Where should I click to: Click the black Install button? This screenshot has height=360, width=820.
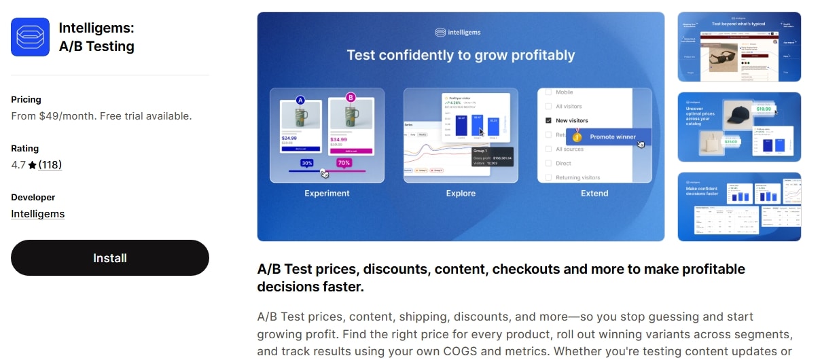click(110, 258)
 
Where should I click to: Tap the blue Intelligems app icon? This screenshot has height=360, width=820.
click(30, 37)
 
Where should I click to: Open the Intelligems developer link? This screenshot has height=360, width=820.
click(38, 214)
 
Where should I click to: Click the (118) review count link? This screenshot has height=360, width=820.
click(50, 165)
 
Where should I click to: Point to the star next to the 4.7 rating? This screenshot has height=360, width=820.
click(32, 165)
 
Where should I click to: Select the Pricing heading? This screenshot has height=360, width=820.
click(26, 100)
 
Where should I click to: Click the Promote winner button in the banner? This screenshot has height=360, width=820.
click(612, 137)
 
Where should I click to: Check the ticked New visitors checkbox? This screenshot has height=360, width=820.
click(549, 120)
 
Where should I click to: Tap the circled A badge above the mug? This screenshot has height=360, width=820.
click(300, 101)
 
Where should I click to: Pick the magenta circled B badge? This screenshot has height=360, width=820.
click(351, 98)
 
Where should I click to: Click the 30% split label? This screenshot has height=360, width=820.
click(307, 163)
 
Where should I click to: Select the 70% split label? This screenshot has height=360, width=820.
click(344, 163)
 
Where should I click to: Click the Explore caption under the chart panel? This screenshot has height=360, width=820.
click(461, 194)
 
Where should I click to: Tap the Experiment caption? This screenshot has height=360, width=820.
click(327, 194)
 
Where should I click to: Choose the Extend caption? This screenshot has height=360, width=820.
click(594, 194)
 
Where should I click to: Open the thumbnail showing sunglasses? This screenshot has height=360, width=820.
click(739, 46)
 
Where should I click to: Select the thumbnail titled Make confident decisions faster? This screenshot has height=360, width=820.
click(739, 206)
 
